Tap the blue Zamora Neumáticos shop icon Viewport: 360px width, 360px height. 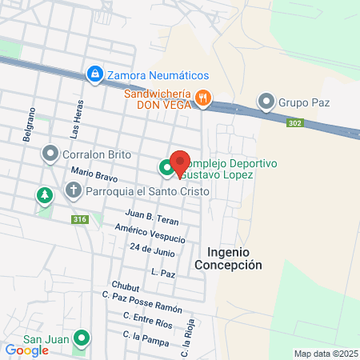pos(95,74)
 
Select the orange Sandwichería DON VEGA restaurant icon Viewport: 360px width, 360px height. pos(204,98)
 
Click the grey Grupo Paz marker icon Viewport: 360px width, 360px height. pos(266,102)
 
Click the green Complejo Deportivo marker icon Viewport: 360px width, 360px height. pos(166,168)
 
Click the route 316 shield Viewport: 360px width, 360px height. pos(79,219)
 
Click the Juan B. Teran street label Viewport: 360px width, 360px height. pos(152,217)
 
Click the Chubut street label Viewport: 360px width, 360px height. pos(126,286)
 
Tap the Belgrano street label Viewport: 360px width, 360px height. pos(31,124)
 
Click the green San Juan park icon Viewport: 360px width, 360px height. pos(80,338)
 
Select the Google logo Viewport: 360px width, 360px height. pos(26,350)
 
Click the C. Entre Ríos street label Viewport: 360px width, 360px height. pos(147,322)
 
